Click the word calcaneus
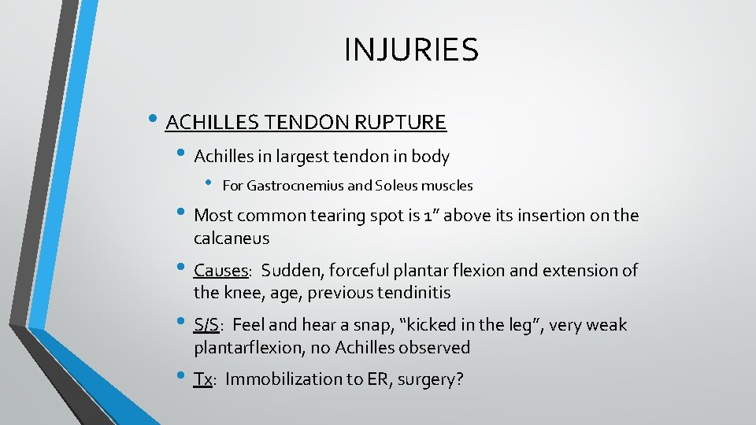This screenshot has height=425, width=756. (232, 238)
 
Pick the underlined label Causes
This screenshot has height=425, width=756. (221, 271)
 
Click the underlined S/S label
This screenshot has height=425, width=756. (207, 325)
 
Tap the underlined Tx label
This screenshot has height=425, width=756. (203, 379)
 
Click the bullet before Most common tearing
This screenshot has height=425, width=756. (184, 214)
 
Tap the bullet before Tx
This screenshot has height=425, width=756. (184, 378)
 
